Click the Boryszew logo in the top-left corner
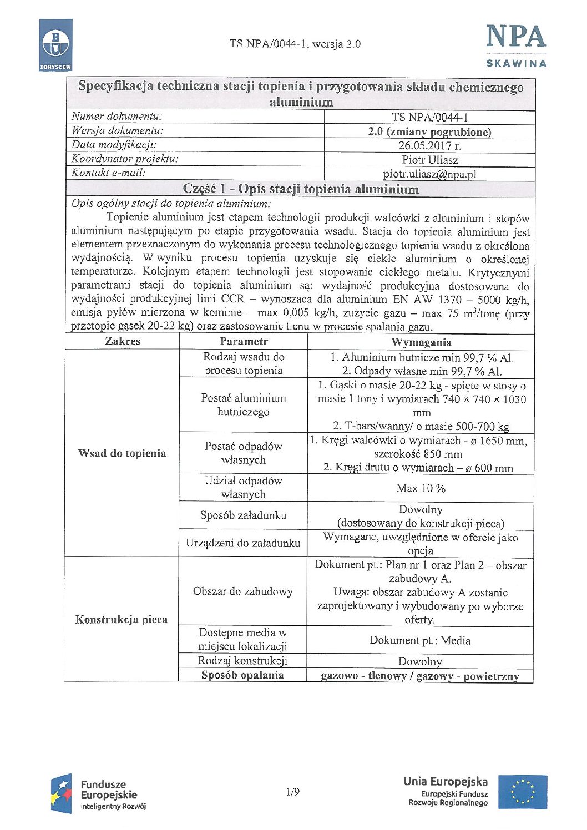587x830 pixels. (x=55, y=45)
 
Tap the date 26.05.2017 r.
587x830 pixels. (x=429, y=146)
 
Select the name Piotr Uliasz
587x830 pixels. (x=430, y=160)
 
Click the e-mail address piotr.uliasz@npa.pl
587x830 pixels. (x=429, y=174)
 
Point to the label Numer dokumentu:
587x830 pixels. (x=117, y=117)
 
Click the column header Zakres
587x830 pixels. (x=123, y=341)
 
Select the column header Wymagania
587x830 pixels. (x=421, y=342)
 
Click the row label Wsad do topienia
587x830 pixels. (x=122, y=453)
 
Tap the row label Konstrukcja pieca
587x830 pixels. (x=122, y=620)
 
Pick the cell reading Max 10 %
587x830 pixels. (x=421, y=488)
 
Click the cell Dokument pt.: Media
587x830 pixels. (x=420, y=641)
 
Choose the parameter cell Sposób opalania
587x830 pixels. (x=242, y=675)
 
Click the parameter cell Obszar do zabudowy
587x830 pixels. (x=243, y=591)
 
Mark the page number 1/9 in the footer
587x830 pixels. (x=293, y=792)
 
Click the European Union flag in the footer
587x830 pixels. (x=522, y=792)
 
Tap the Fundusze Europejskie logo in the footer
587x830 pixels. (x=99, y=794)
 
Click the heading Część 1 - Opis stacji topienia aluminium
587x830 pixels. (x=301, y=189)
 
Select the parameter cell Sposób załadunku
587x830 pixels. (x=243, y=515)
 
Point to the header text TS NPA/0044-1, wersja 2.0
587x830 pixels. (x=295, y=44)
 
